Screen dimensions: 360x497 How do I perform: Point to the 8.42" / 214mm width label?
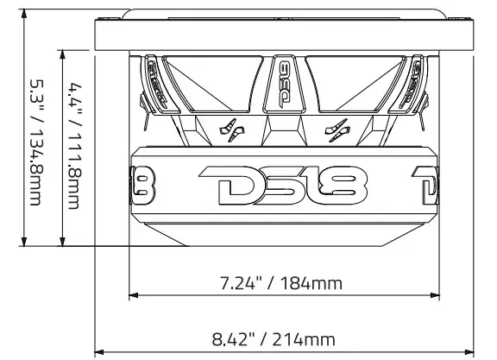point(284,338)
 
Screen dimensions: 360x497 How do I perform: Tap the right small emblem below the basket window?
point(336,131)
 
